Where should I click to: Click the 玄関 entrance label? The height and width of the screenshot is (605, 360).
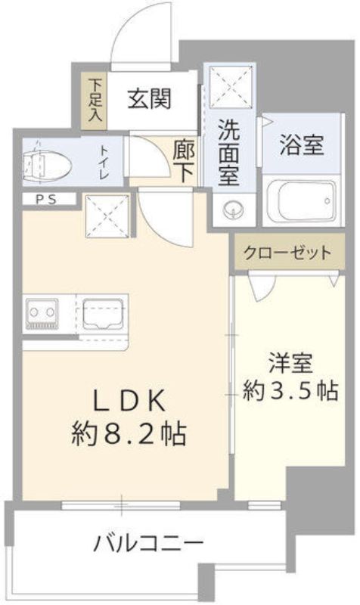coord(148,98)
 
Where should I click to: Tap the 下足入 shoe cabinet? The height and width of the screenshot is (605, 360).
coord(96,99)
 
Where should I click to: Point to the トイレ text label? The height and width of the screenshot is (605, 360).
coord(103,163)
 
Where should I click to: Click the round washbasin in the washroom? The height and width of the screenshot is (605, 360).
coord(230,208)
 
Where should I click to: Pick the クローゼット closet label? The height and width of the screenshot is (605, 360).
coord(286,253)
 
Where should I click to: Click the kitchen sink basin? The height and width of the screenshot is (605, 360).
coord(105,312)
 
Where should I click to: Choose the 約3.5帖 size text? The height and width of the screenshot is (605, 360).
coord(290,390)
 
